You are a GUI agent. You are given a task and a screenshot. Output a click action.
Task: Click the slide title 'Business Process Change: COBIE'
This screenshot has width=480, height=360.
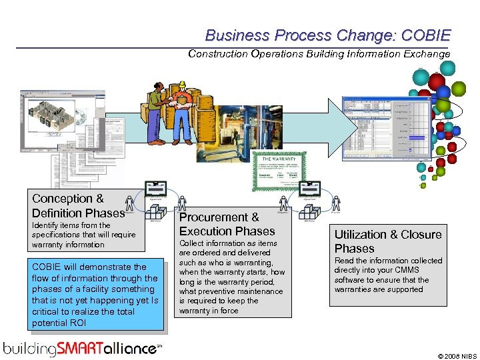[x=327, y=35]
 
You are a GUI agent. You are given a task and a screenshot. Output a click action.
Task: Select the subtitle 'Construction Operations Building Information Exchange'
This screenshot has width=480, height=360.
[x=319, y=54]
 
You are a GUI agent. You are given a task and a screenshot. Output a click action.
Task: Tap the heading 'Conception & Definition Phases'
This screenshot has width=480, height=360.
[x=78, y=206]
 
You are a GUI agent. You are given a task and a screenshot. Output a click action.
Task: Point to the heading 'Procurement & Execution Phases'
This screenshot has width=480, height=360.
[x=227, y=225]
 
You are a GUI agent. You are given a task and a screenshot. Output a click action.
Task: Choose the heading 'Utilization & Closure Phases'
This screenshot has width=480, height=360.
[x=387, y=241]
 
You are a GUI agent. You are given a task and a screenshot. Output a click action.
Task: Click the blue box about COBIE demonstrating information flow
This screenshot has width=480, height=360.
[x=95, y=295]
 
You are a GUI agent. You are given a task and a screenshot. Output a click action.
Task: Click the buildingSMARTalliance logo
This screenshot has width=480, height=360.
[x=82, y=348]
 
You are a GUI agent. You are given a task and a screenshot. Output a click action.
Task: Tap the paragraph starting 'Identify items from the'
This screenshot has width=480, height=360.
[x=83, y=235]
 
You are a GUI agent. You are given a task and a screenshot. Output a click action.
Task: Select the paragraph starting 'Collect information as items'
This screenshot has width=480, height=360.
[x=231, y=277]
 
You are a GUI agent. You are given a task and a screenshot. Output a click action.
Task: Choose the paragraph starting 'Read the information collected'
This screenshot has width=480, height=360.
[x=387, y=275]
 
